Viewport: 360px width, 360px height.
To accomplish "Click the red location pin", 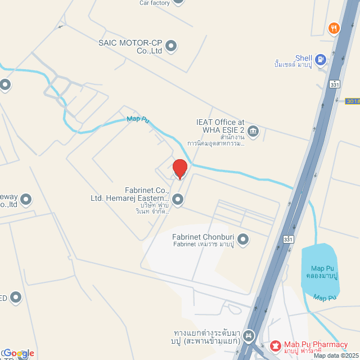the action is [x=179, y=169].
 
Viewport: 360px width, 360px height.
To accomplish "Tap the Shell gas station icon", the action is [x=320, y=58].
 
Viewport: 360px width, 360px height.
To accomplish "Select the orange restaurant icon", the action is [x=334, y=28].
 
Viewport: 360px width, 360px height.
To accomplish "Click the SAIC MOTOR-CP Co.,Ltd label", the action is [x=130, y=46].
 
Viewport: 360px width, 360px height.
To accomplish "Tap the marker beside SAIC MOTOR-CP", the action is [x=171, y=46].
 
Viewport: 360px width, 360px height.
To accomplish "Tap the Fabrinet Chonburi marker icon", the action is [x=243, y=240].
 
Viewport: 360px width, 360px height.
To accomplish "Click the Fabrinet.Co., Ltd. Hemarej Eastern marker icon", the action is [x=178, y=199].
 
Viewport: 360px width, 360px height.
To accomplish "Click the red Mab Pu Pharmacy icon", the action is [x=275, y=344].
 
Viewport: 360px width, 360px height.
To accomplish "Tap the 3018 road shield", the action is [x=353, y=101].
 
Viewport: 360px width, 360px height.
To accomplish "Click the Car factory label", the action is [x=154, y=3].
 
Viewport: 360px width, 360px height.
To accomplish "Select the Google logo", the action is [x=18, y=353].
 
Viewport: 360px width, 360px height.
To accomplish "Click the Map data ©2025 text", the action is [x=336, y=355].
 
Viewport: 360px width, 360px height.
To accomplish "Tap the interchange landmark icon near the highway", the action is [x=249, y=336].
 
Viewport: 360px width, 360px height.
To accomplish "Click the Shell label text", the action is [x=304, y=58].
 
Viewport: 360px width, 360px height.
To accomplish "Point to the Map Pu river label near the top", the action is [x=137, y=119].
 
